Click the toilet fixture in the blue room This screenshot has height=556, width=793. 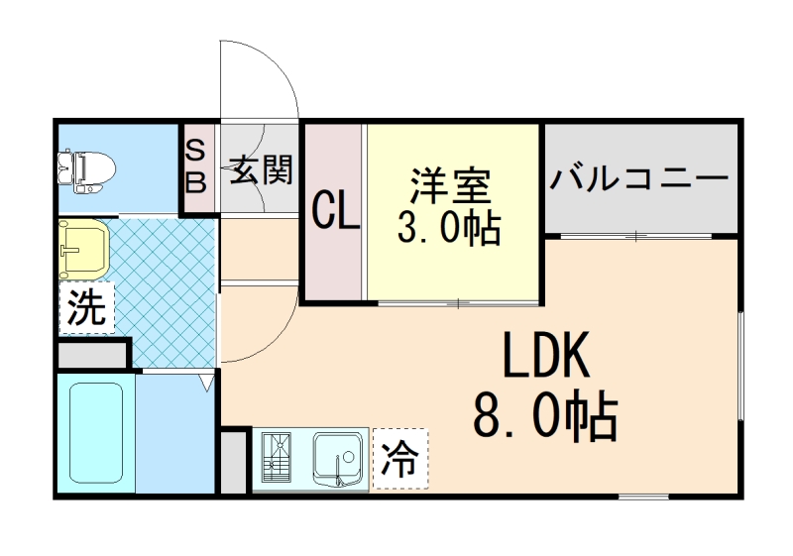tap(84, 169)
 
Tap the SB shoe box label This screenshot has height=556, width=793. tap(196, 167)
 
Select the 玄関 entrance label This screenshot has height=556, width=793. tap(262, 169)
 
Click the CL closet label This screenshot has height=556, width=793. tap(334, 211)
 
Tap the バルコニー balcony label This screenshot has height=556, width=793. tap(640, 178)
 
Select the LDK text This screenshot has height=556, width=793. tap(546, 357)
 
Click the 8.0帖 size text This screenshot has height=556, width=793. tap(546, 417)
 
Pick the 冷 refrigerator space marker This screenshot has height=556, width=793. tap(399, 460)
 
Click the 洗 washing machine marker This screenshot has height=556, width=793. tap(85, 309)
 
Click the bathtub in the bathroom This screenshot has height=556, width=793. tap(96, 433)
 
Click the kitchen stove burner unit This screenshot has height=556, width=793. tap(279, 459)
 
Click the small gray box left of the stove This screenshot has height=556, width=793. tap(234, 461)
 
